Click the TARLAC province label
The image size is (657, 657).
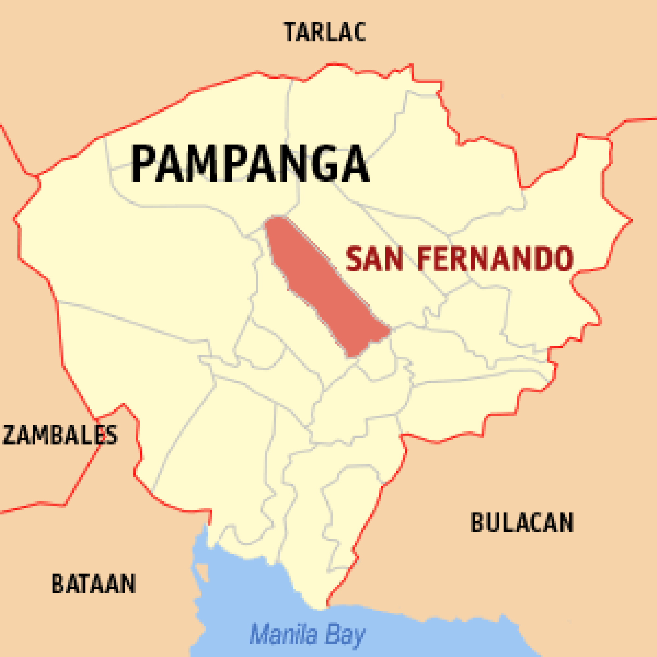(x=325, y=32)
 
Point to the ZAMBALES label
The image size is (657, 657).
(x=60, y=435)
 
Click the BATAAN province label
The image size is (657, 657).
(x=94, y=583)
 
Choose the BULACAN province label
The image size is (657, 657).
(x=522, y=523)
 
